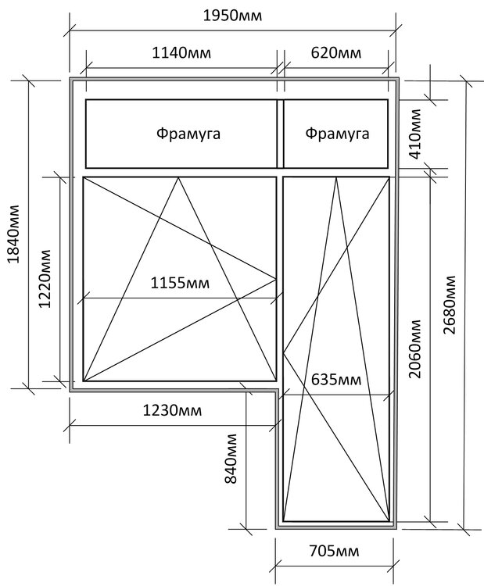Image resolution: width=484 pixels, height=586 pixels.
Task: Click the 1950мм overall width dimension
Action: (x=233, y=16)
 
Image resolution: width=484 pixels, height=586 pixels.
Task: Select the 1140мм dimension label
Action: (x=181, y=52)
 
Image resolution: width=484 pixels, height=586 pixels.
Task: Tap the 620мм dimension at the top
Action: (x=336, y=52)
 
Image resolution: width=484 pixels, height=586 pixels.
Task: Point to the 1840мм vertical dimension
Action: (x=14, y=234)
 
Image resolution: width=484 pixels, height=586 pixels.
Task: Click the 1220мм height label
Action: (x=45, y=278)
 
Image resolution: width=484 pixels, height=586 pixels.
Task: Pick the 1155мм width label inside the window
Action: (x=180, y=283)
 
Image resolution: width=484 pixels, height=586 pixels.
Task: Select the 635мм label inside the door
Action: (x=336, y=380)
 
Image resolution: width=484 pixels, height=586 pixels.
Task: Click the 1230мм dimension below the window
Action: (x=173, y=410)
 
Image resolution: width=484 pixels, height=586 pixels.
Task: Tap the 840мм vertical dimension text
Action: (x=231, y=459)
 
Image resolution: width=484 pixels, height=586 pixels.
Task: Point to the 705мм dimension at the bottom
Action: (x=334, y=551)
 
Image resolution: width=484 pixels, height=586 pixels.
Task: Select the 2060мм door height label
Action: (x=415, y=348)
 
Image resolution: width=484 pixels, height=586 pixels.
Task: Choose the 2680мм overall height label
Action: (x=450, y=305)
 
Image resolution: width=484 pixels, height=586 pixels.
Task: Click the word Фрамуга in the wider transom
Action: (x=188, y=134)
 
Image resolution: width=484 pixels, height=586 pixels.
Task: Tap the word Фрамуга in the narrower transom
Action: (x=337, y=134)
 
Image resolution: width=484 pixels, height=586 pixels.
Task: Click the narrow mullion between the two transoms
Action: (x=280, y=134)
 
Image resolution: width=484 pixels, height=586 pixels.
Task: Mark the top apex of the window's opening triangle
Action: (x=178, y=177)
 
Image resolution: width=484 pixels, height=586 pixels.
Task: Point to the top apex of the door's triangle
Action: (x=336, y=177)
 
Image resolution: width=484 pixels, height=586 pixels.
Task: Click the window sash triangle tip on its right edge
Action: (x=276, y=279)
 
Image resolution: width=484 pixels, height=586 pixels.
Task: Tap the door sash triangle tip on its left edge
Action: (x=284, y=352)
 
